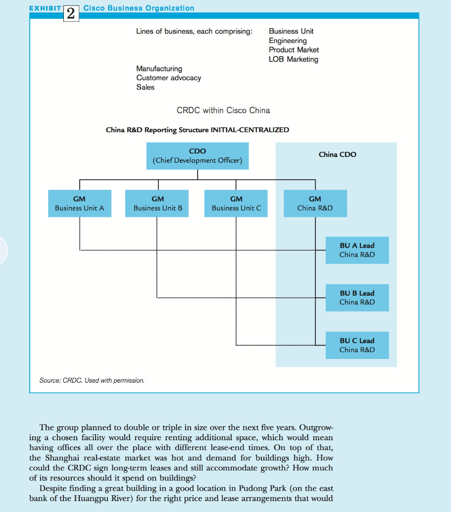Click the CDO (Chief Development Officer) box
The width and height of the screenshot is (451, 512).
coord(197,156)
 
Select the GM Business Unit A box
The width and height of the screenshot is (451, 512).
coord(80,204)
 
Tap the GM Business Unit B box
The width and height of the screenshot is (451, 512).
coord(157,204)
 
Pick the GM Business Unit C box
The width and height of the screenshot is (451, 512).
coord(236,204)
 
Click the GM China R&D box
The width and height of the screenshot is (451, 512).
coord(315,204)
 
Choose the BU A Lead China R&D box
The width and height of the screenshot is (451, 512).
coord(357,250)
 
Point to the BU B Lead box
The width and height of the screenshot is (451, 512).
coord(357,298)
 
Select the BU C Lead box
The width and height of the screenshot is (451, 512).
coord(357,345)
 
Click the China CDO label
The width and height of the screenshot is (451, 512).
coord(337,154)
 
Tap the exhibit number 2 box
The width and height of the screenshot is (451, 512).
coord(71,13)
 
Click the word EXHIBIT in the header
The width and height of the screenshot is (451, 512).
coord(45,8)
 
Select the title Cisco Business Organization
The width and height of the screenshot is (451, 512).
coord(139,8)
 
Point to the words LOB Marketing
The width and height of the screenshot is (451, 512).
coord(294,59)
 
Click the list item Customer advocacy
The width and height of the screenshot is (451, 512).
coord(168,78)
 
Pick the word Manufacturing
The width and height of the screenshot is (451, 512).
coord(159,68)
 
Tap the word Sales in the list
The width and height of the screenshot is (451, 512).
coord(146,87)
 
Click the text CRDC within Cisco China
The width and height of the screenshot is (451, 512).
coord(223,110)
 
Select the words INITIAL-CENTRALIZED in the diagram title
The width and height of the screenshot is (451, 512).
coord(250,130)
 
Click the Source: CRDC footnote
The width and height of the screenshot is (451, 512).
coord(92,380)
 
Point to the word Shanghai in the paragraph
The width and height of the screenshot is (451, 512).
coord(62,458)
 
